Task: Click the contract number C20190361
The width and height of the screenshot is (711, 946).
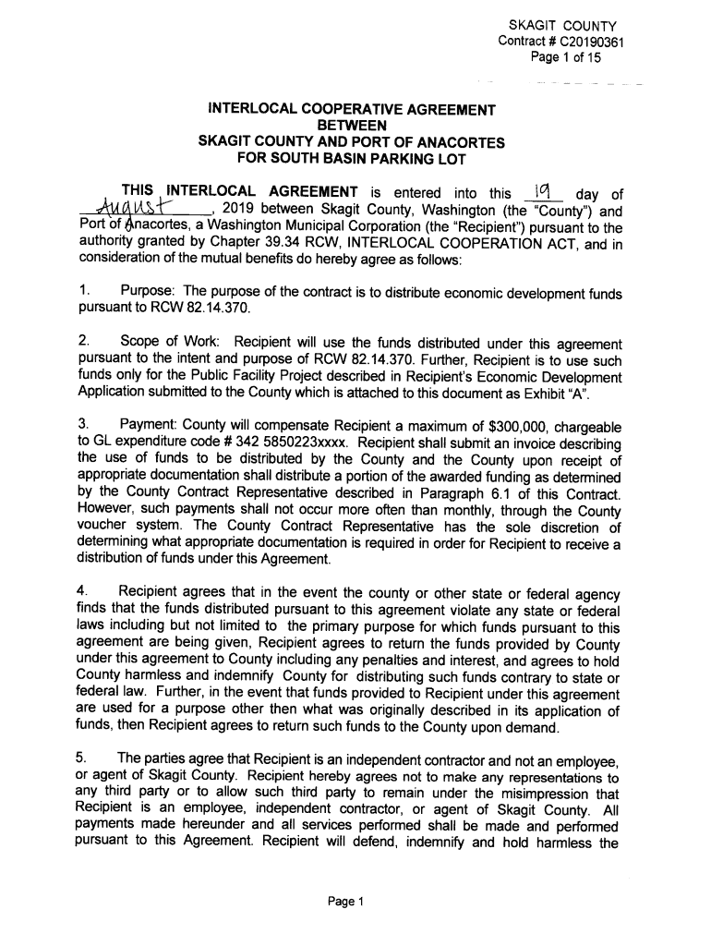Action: [x=586, y=41]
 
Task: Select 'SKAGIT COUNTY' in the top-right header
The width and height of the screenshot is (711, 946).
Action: [x=564, y=25]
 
